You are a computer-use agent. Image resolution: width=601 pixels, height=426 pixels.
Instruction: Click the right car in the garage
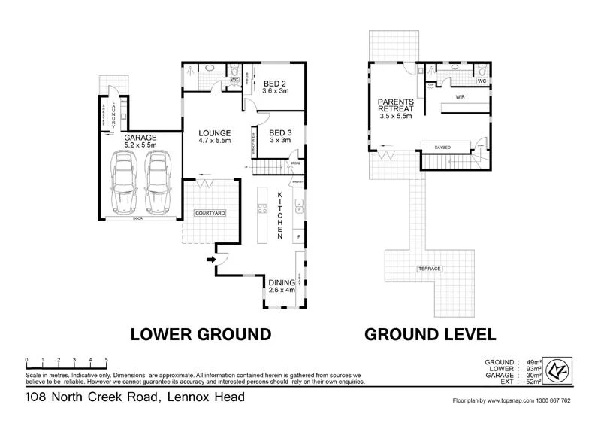156,183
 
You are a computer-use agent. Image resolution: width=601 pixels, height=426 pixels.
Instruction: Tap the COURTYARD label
210,214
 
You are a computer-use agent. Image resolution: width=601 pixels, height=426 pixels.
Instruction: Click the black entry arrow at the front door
211,260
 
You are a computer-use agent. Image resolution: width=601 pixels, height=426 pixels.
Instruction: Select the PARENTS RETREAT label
397,105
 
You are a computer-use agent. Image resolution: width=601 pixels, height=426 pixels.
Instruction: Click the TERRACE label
430,269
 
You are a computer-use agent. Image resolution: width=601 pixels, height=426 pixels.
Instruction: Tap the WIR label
460,98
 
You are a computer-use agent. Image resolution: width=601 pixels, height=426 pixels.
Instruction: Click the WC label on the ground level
482,81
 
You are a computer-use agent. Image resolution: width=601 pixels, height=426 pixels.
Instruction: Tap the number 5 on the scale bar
107,359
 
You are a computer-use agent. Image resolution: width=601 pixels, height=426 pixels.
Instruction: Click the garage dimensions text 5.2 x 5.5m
140,145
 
